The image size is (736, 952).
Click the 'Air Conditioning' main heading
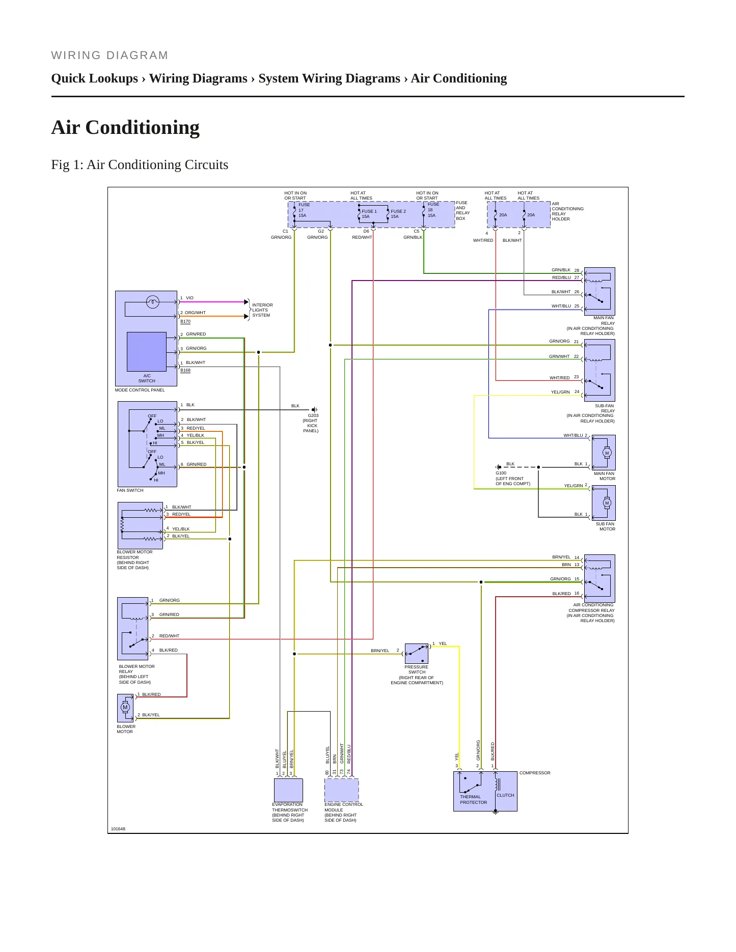[125, 127]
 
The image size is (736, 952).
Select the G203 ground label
[313, 415]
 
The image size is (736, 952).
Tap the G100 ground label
[501, 473]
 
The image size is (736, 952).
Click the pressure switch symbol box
[417, 653]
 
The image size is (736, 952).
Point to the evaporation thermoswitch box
[288, 790]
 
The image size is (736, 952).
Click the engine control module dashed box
[341, 790]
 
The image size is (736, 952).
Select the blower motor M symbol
[125, 707]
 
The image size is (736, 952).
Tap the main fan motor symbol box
[604, 453]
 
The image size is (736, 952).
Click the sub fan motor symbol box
[604, 503]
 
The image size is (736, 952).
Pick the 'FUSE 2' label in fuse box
[398, 211]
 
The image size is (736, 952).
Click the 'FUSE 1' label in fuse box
[369, 211]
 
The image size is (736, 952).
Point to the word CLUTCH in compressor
[505, 795]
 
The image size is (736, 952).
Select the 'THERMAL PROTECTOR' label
[473, 800]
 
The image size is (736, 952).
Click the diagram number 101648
[118, 829]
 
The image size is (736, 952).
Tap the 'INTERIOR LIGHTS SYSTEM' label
[262, 310]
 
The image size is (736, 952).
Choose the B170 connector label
[185, 321]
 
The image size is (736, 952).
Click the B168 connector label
[185, 370]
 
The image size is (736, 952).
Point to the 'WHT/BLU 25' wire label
[565, 306]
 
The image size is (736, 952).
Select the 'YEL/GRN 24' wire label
[565, 392]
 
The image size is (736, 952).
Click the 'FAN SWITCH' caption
[130, 490]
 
